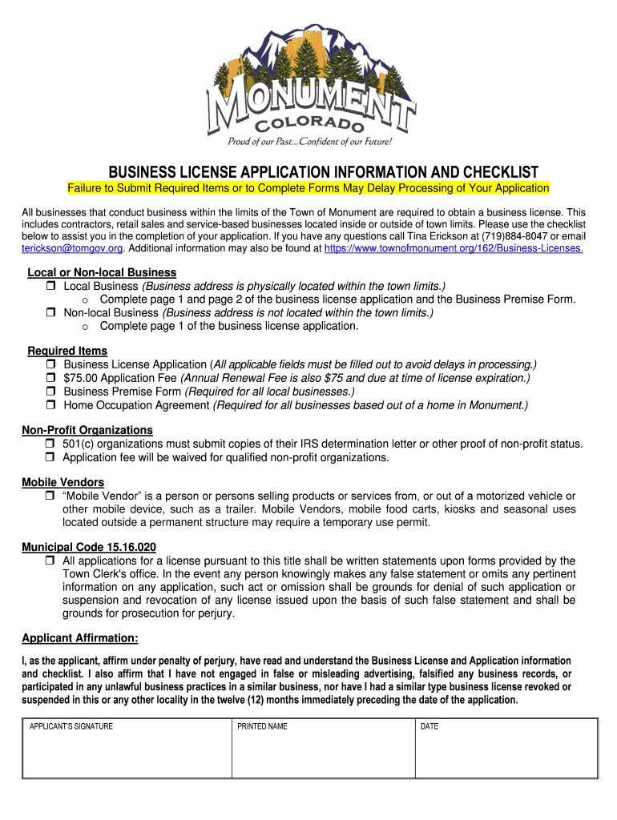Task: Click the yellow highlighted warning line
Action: (308, 188)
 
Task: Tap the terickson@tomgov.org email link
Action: (72, 249)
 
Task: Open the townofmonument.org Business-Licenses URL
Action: (453, 249)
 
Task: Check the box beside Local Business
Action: (50, 287)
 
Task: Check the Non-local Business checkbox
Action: (50, 313)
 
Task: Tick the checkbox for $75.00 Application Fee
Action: (50, 379)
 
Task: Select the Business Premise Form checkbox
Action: (50, 392)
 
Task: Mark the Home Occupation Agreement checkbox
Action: (50, 406)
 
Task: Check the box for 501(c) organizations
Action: (50, 444)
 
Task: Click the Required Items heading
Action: (67, 351)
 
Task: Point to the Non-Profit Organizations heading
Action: (87, 430)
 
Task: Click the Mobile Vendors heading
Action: (63, 482)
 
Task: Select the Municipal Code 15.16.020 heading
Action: (89, 547)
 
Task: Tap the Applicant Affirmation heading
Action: (80, 637)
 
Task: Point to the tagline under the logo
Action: (310, 143)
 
